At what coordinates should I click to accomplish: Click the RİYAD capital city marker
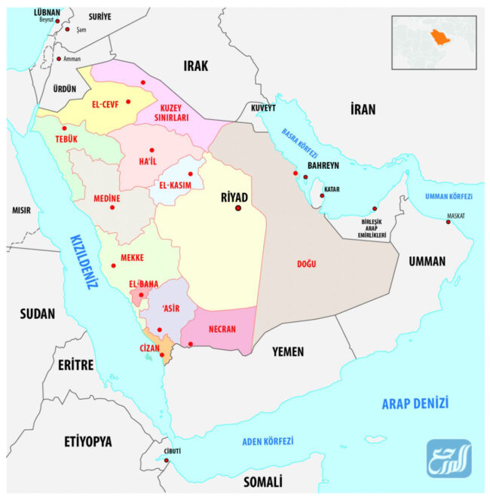coord(238,208)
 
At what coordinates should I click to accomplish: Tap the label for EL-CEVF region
coord(106,105)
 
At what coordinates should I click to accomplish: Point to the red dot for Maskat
coord(448,222)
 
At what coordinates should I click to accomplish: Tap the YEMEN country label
coord(288,351)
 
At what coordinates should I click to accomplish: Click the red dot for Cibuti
coord(167,461)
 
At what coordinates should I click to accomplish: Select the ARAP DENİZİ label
coord(415,402)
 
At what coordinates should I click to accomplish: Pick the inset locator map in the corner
coord(433,42)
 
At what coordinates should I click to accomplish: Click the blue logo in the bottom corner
coord(449,459)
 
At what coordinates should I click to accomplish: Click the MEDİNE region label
coord(106,198)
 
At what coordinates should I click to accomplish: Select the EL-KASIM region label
coord(176,184)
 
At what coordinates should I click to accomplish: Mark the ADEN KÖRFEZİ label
coord(268,441)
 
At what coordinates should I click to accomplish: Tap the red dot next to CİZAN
coord(161,355)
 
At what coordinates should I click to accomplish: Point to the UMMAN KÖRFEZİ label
coord(448,196)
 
